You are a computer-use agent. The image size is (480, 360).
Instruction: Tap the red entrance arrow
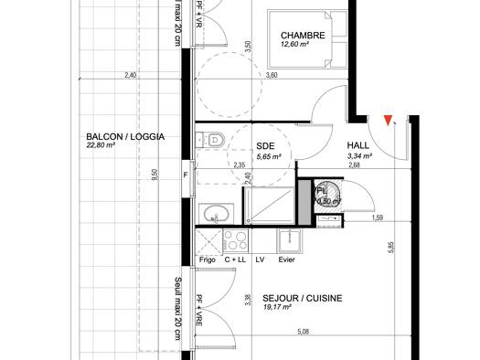tap(389, 120)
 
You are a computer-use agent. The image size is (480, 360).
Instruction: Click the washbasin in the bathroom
tap(216, 215)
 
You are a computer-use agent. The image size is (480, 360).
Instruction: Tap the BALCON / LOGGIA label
tap(124, 136)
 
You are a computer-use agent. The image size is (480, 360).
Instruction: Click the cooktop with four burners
tap(235, 242)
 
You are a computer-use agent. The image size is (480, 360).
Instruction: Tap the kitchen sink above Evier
tap(293, 242)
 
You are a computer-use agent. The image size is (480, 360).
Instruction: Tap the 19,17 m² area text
tap(276, 309)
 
